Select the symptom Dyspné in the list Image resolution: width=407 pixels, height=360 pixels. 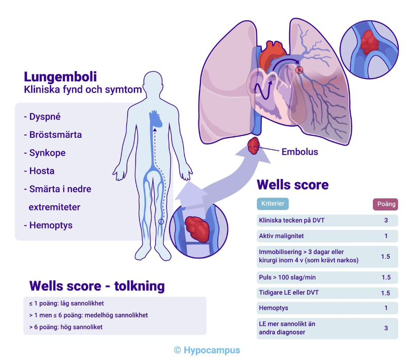click(42, 116)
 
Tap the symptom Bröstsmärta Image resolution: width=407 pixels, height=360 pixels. click(53, 134)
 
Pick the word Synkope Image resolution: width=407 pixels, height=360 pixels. click(44, 153)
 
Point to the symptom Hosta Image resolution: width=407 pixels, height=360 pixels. click(39, 171)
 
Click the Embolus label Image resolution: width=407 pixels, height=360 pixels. click(299, 151)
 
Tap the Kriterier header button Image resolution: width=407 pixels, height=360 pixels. click(273, 203)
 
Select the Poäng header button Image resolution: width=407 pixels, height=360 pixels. click(385, 204)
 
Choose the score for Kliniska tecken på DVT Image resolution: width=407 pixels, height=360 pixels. click(386, 221)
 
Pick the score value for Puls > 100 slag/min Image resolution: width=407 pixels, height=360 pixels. click(386, 277)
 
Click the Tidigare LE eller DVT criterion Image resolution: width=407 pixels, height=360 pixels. click(289, 293)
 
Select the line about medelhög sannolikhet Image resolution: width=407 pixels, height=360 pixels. click(86, 315)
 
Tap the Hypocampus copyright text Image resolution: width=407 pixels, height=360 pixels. click(207, 350)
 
